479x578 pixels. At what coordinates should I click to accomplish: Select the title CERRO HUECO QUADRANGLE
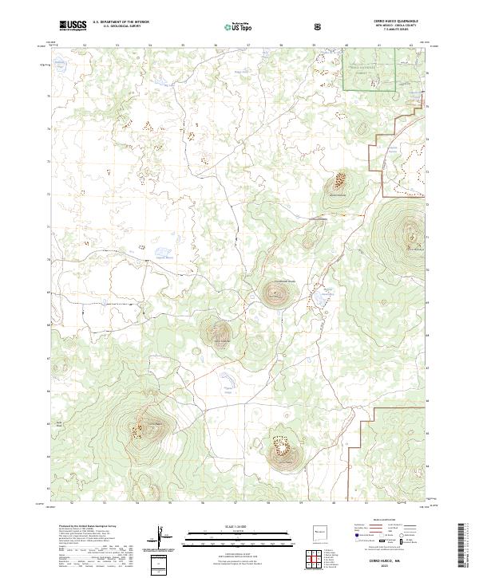(390, 21)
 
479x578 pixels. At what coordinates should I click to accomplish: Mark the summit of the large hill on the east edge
(413, 234)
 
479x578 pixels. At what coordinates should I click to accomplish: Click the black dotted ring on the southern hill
(282, 441)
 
